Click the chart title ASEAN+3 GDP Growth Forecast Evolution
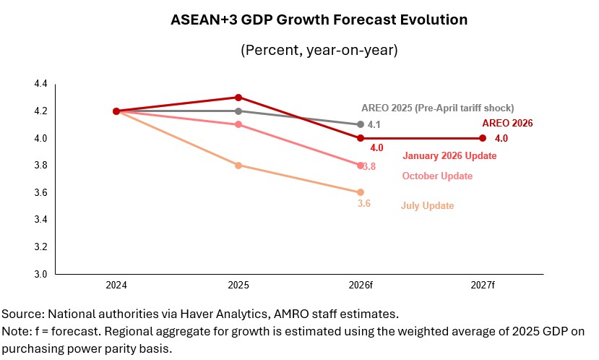tap(299, 20)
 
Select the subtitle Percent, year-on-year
tap(299, 51)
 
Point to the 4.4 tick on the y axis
tap(40, 84)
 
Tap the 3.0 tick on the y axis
tap(40, 274)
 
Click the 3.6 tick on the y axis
tap(40, 192)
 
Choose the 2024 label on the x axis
tap(116, 286)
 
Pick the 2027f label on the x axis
tap(482, 286)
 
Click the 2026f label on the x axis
tap(360, 286)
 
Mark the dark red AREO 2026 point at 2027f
tap(482, 138)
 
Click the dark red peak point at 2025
tap(238, 98)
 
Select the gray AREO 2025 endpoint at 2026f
tap(360, 124)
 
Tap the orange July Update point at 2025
tap(238, 165)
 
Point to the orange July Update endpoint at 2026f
tap(360, 192)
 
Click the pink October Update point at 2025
tap(238, 124)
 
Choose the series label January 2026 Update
tap(449, 155)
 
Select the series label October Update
tap(437, 176)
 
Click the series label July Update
tap(427, 206)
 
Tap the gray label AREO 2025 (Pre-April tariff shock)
tap(437, 108)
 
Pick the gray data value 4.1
tap(374, 125)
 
